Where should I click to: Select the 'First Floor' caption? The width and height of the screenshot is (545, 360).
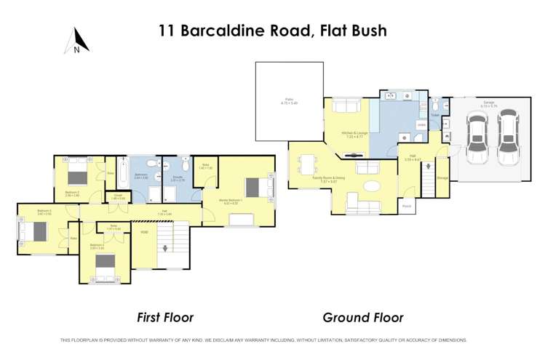point(165,318)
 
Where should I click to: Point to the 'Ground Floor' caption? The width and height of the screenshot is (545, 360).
point(363,318)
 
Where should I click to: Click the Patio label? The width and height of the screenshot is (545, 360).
point(288,102)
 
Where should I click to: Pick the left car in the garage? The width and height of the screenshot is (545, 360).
point(477,136)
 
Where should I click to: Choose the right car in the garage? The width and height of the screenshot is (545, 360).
point(507,136)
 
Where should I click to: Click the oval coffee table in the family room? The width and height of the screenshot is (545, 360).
point(371,185)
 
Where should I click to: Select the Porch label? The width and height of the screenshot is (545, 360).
point(406,205)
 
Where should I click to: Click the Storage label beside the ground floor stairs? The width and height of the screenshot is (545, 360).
point(442,176)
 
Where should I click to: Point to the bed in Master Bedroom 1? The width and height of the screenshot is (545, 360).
point(255,186)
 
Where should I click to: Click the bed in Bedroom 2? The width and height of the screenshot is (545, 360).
point(76,175)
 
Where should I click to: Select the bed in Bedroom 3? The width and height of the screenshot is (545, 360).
point(35,231)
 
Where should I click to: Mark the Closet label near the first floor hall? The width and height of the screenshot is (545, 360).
point(118,196)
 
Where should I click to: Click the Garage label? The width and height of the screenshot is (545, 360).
point(489,103)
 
